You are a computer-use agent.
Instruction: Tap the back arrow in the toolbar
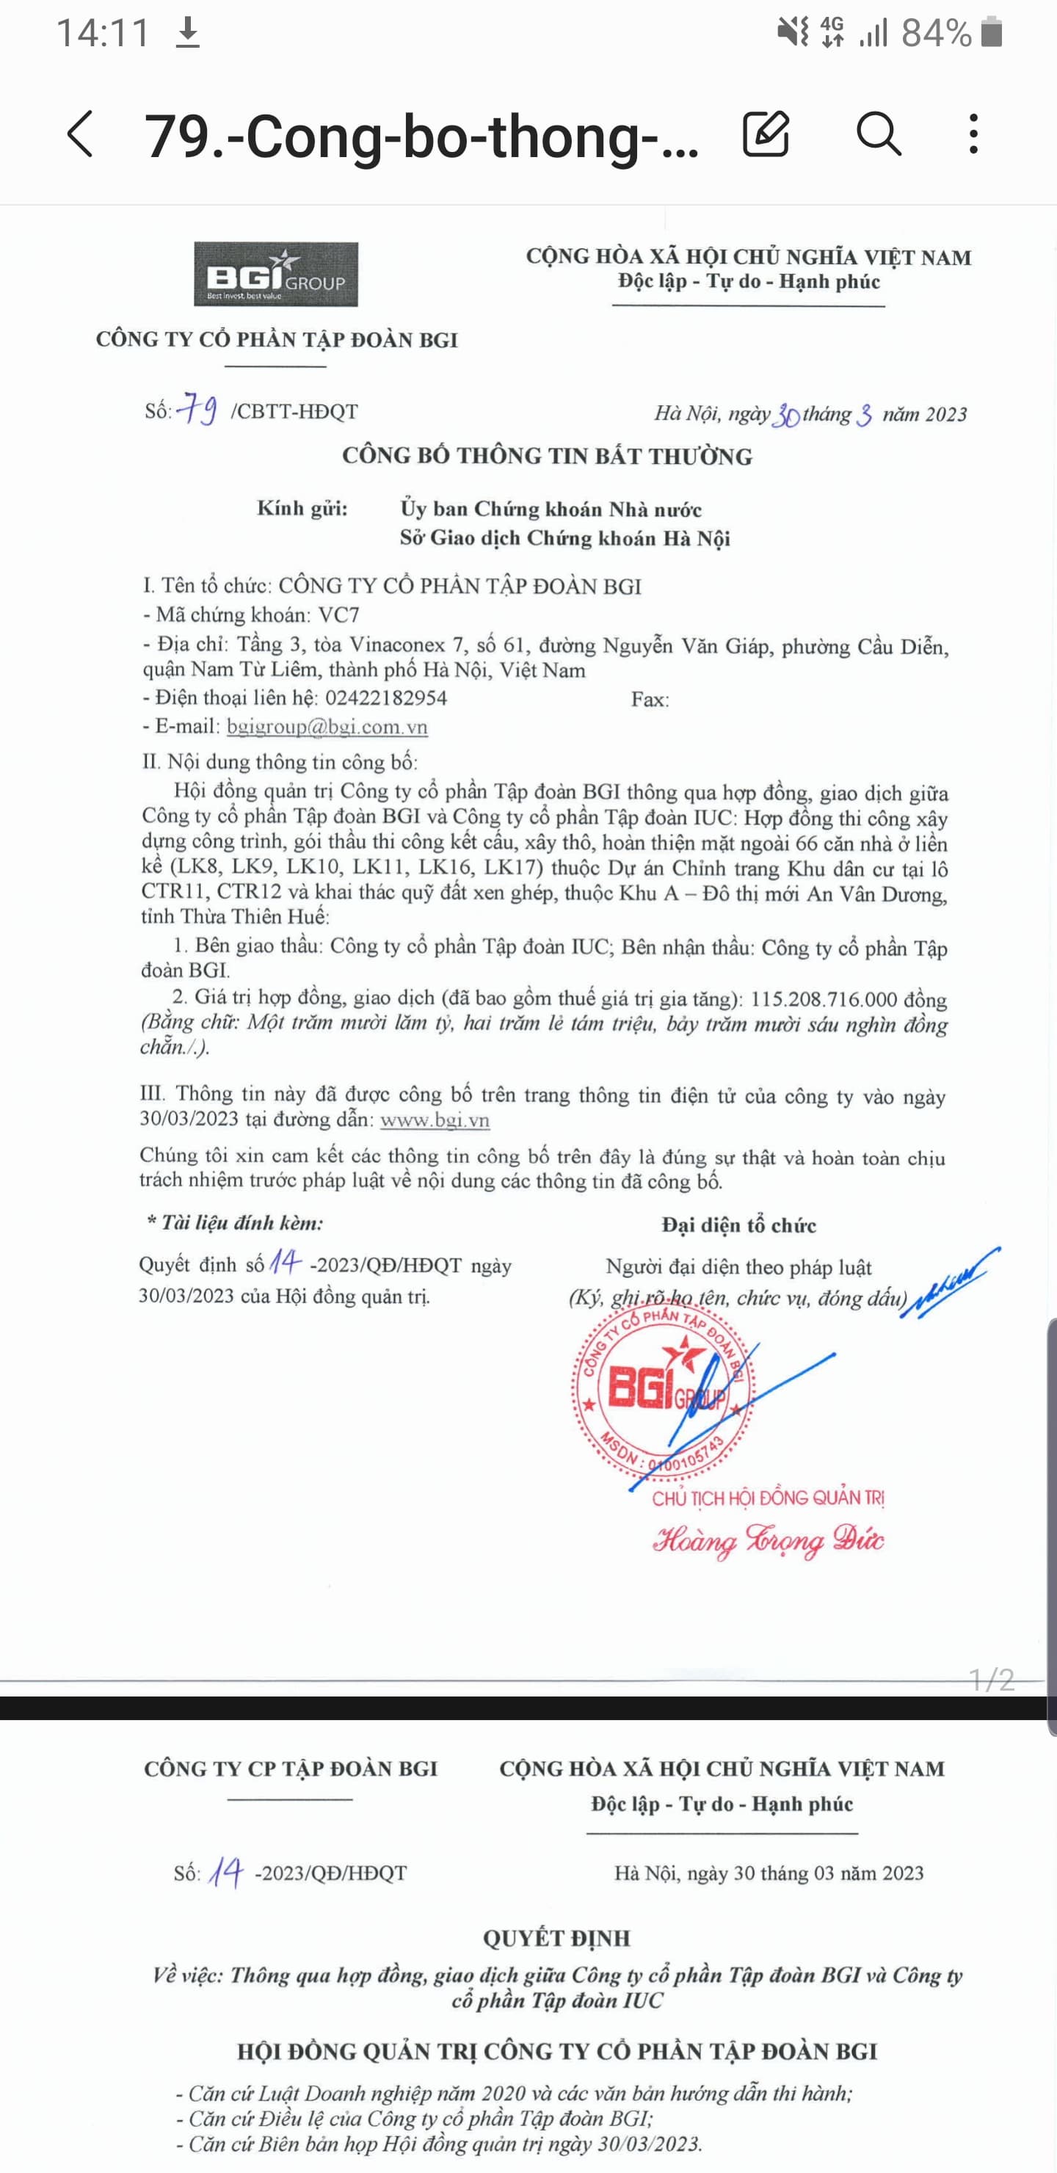[80, 134]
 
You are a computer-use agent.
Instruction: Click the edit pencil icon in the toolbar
[765, 134]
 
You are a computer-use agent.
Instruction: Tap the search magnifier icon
[878, 134]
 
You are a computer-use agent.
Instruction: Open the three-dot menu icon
[973, 134]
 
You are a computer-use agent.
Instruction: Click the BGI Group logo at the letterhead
[276, 274]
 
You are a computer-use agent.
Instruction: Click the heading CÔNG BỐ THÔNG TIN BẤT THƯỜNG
[547, 457]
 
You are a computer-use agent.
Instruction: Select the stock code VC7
[339, 615]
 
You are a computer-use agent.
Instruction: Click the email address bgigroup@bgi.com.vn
[327, 727]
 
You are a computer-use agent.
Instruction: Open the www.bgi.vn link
[435, 1120]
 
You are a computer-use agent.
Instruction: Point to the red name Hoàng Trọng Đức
[768, 1540]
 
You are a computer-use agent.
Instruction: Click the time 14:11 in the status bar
[103, 34]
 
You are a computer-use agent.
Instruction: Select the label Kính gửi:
[302, 509]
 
